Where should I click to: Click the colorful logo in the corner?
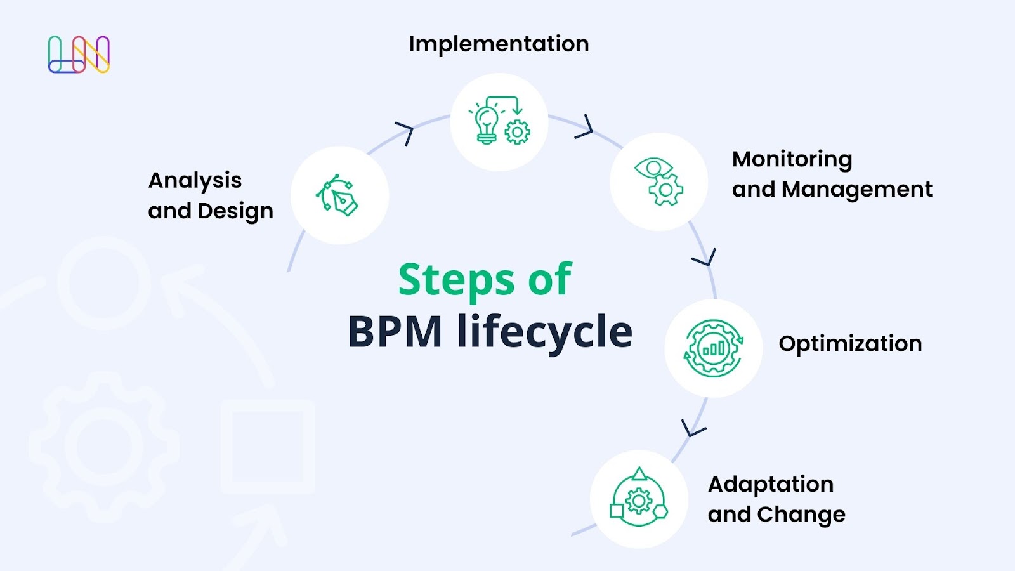click(x=79, y=55)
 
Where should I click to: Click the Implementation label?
click(x=499, y=44)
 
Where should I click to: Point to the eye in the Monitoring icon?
click(x=653, y=168)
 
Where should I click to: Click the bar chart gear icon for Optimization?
click(x=713, y=348)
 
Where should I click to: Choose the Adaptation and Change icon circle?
click(x=639, y=499)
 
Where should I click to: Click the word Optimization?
click(x=850, y=343)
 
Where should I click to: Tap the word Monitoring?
click(x=792, y=159)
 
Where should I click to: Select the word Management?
click(x=857, y=189)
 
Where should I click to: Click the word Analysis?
click(x=195, y=181)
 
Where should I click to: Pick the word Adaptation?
click(x=770, y=484)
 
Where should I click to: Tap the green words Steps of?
click(x=485, y=280)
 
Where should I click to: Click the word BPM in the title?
click(x=395, y=332)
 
